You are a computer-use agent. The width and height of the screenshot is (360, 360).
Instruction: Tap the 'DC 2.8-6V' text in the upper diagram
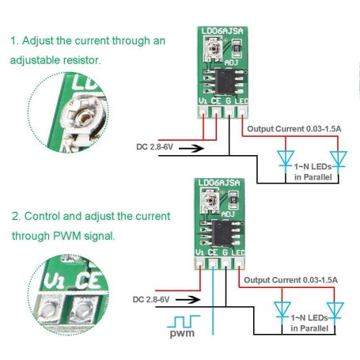(154, 146)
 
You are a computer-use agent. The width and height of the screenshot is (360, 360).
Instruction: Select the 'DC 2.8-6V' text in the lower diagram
(154, 300)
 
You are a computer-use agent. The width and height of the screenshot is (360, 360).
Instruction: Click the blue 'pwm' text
(181, 333)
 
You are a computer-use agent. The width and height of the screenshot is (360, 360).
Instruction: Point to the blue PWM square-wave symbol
(183, 320)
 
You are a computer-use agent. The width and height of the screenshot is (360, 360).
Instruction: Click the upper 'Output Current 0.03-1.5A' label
(293, 127)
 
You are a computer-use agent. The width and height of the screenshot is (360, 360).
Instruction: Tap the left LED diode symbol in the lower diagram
(282, 309)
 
